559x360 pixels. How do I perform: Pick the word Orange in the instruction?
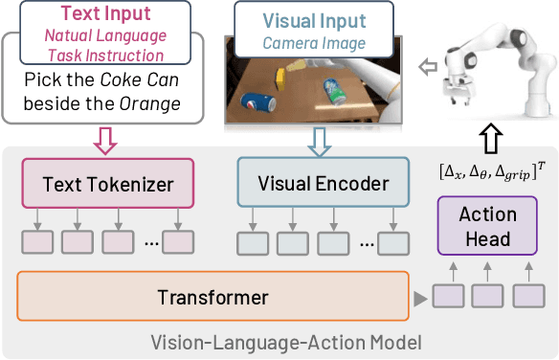click(x=158, y=102)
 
